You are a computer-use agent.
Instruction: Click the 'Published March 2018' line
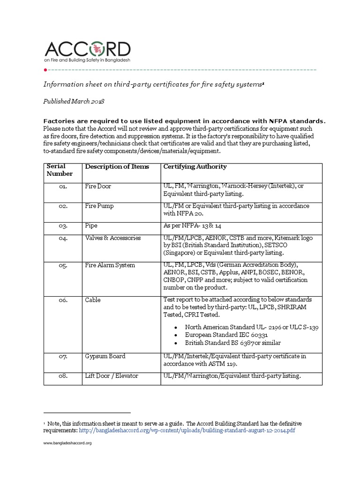coord(74,101)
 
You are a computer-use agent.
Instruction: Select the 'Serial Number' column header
coord(56,170)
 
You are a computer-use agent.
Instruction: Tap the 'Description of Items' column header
coord(117,167)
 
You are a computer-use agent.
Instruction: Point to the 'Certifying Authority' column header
coord(195,167)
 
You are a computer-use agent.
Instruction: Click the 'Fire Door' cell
coord(98,186)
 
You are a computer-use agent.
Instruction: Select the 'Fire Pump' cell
coord(99,206)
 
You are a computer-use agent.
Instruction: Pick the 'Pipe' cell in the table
coord(91,225)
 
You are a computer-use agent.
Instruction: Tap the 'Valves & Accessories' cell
coord(112,238)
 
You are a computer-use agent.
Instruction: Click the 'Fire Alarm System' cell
coord(110,265)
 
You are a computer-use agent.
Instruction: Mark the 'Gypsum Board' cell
coord(105,356)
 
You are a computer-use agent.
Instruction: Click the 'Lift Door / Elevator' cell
coord(112,376)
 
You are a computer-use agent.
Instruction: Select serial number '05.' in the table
coord(63,265)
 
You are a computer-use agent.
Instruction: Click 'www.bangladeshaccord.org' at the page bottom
coord(67,443)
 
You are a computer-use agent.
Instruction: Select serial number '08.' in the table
coord(63,376)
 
